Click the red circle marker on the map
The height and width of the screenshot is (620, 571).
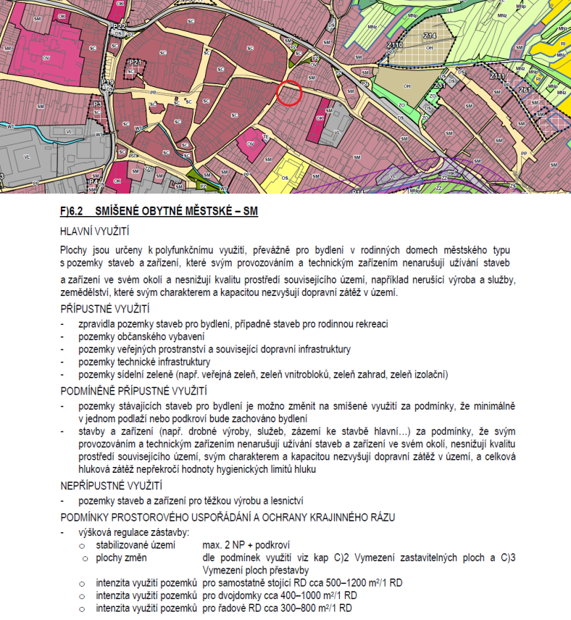(289, 93)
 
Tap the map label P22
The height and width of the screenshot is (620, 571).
(120, 26)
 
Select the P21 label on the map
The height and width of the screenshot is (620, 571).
(135, 63)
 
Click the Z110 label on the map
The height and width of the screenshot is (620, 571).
(395, 45)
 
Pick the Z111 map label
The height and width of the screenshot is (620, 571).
(497, 76)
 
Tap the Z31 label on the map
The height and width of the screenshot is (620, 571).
(439, 86)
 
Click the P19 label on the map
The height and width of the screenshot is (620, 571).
(107, 83)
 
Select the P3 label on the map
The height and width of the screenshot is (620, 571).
(97, 104)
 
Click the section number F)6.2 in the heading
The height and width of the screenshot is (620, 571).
(73, 212)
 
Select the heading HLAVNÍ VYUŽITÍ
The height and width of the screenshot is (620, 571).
(95, 231)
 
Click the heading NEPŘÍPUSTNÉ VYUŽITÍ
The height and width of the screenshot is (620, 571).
(112, 484)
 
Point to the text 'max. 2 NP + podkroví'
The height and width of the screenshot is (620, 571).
(246, 545)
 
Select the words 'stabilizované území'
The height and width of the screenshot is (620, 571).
(136, 545)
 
